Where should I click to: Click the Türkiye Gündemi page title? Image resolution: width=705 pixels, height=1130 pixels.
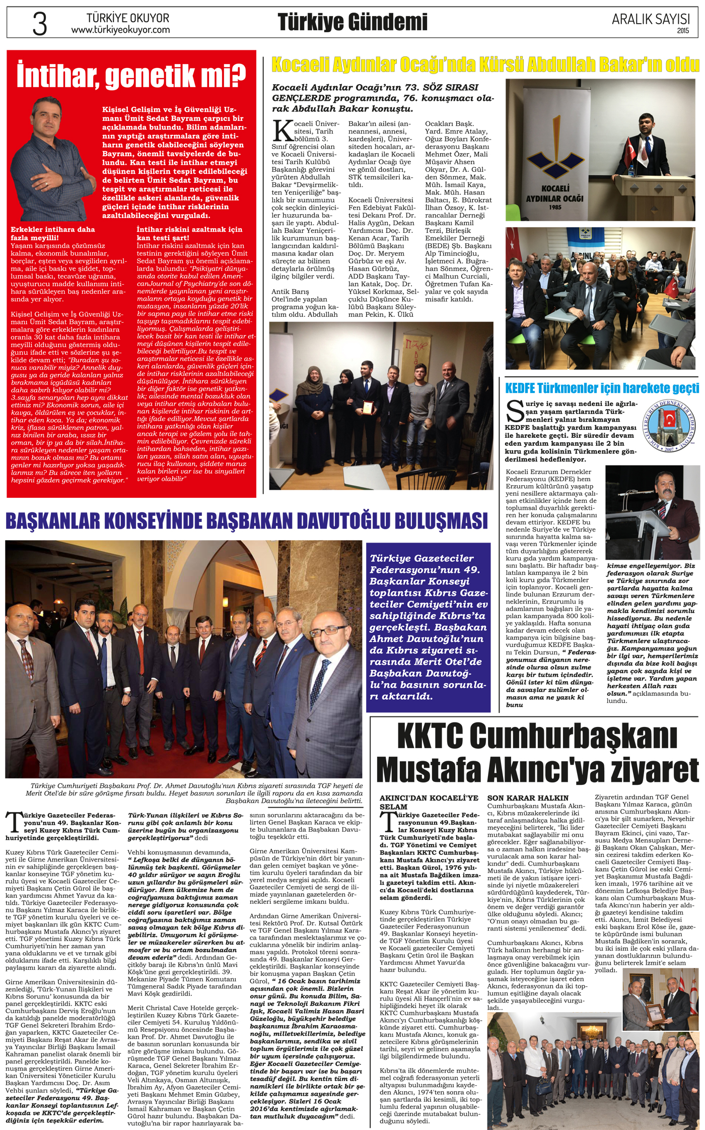[x=352, y=22]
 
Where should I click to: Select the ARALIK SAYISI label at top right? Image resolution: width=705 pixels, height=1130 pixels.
[x=651, y=19]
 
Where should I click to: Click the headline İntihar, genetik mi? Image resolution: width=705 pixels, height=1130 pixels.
[x=131, y=75]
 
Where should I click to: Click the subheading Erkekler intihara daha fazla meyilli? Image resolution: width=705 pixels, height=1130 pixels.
[x=53, y=233]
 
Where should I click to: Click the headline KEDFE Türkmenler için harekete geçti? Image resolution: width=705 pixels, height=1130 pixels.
[x=602, y=388]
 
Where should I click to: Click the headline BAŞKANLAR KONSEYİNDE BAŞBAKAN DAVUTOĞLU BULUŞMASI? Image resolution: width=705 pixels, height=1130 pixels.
[x=246, y=520]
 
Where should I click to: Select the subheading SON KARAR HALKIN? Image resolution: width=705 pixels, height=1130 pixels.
[x=528, y=798]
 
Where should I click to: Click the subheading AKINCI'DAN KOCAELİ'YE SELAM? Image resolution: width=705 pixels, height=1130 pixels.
[x=429, y=802]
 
